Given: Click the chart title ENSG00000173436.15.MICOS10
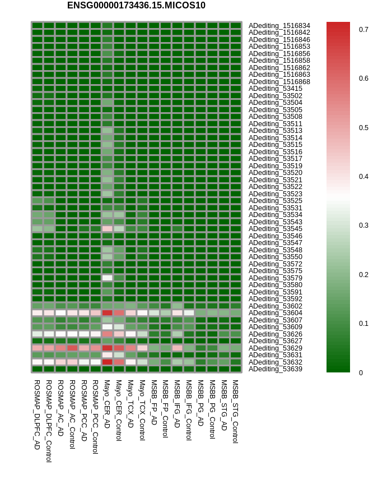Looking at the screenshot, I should [x=136, y=6].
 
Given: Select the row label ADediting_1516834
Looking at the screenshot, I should [x=279, y=25].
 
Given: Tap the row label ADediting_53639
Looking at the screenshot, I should [x=276, y=369].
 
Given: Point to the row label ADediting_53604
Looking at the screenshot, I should [x=276, y=313].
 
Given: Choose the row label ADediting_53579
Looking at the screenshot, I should [x=276, y=278].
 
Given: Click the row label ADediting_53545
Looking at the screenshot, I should [x=276, y=229].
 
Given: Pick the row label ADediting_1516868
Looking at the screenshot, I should [x=279, y=81].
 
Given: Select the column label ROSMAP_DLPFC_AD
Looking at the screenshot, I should [x=37, y=414].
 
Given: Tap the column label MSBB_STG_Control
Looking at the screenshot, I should [x=236, y=412].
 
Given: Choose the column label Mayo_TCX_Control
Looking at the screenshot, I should [x=142, y=410].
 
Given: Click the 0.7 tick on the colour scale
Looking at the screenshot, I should [x=363, y=29].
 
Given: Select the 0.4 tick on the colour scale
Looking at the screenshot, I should [x=363, y=176].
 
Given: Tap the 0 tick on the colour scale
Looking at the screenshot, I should [x=361, y=372].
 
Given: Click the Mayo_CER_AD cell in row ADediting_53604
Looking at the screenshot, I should [x=107, y=313].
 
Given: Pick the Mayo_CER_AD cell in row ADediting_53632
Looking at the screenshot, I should [x=107, y=362].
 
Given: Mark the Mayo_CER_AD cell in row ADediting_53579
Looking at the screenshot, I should [x=107, y=278].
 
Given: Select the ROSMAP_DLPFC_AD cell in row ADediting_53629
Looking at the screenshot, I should [x=37, y=348].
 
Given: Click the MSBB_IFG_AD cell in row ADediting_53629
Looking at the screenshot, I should [x=177, y=348].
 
